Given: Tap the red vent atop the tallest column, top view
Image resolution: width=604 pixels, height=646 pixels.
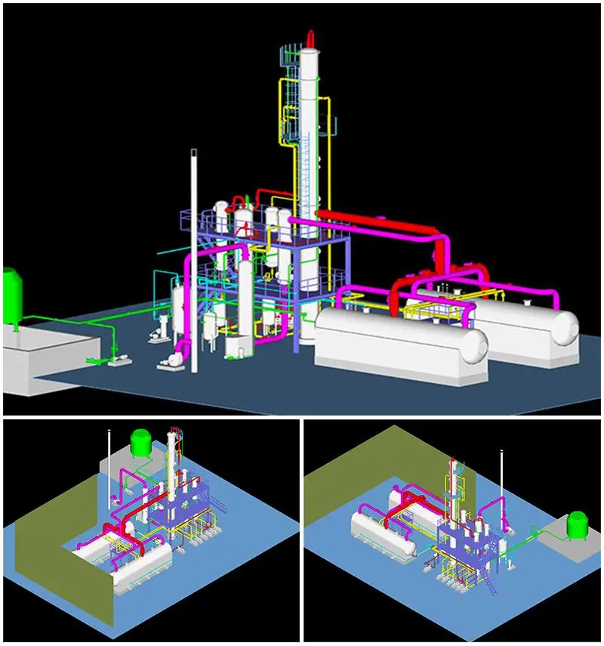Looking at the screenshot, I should [x=310, y=38].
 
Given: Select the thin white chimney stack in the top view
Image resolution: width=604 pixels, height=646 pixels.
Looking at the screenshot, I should [x=195, y=257].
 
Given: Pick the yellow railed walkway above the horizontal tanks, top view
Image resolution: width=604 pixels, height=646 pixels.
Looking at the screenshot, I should [x=430, y=306].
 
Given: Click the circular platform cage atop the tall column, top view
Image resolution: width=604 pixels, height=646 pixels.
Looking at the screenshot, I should [x=291, y=57].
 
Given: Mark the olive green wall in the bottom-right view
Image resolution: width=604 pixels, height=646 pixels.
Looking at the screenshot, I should [x=355, y=468].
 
